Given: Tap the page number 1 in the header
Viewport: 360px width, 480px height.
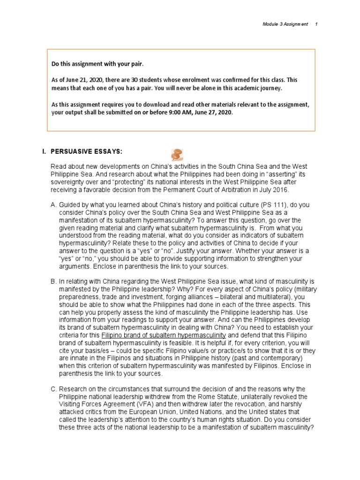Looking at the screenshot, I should point(317,24).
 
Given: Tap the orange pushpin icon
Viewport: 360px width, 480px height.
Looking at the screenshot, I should point(177,154).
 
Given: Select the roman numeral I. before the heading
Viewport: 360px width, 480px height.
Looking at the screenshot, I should point(44,152).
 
